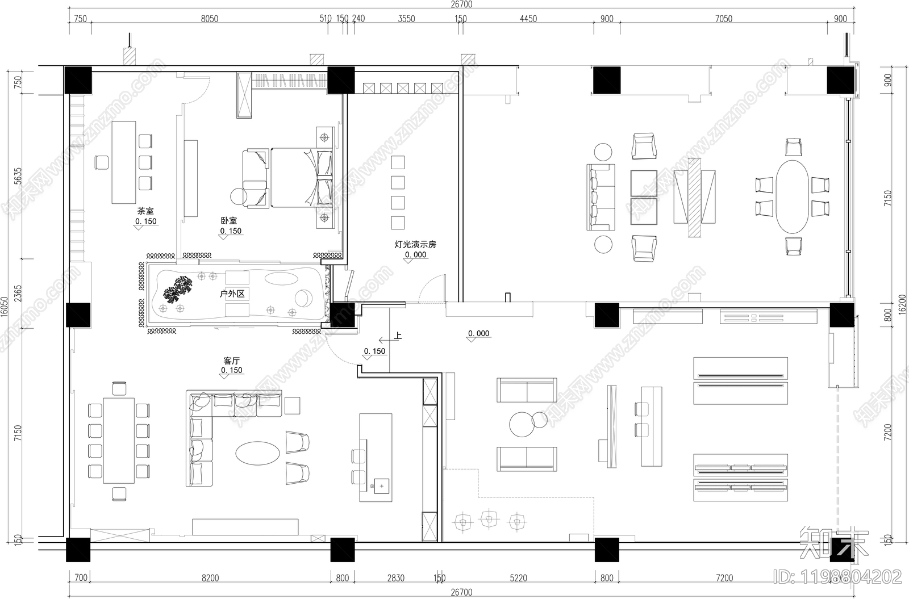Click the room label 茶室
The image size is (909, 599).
[145, 211]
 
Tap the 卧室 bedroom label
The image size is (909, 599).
[229, 220]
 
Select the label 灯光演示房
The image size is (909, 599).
[415, 245]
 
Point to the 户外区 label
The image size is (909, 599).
[232, 294]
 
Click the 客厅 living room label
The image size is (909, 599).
[231, 361]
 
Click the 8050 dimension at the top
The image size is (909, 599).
[209, 19]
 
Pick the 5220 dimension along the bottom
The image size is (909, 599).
[518, 578]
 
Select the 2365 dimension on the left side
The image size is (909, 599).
[18, 295]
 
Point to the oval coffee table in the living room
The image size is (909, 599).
[258, 454]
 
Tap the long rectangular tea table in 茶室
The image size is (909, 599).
[124, 162]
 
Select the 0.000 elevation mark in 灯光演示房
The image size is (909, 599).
[415, 255]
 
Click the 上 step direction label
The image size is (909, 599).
[398, 336]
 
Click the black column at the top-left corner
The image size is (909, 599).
[78, 80]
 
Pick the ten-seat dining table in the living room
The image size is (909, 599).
[119, 440]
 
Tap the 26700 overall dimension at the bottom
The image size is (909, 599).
[461, 592]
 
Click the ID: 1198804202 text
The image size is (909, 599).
[837, 577]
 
